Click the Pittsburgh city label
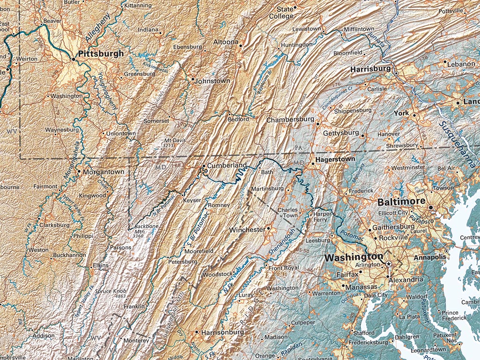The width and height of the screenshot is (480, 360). point(101,54)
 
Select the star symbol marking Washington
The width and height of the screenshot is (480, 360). point(389,264)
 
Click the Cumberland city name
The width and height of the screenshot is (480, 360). point(227,165)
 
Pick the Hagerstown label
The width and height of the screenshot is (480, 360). point(335,159)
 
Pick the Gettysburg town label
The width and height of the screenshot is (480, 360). point(341,133)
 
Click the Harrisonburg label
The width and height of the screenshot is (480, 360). point(222,332)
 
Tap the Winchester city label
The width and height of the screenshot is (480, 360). point(247,230)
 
